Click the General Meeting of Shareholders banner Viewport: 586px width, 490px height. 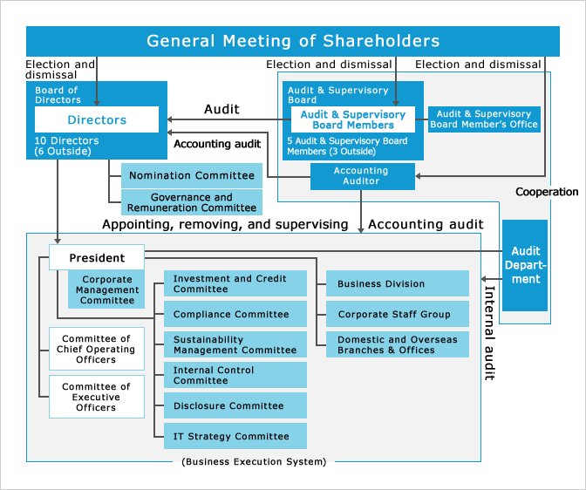293,41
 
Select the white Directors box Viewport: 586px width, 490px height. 97,119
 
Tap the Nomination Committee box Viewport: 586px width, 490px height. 191,175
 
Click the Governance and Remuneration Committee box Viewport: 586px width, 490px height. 191,202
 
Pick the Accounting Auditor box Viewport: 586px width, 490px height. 360,176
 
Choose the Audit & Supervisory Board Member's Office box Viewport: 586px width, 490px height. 484,119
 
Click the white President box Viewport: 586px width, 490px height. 96,257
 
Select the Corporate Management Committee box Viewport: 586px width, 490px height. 107,289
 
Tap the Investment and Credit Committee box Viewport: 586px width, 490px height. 235,283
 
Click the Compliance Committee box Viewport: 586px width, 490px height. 235,314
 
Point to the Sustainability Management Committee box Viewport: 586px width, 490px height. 235,344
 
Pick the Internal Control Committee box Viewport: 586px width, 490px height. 235,375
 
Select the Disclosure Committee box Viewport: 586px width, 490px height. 235,405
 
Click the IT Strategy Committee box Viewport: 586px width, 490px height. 235,436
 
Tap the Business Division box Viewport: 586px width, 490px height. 398,283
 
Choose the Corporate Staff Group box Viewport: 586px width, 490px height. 398,314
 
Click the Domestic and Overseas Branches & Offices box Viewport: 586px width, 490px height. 398,344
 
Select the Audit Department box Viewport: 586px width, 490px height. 525,265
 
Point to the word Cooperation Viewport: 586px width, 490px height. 547,192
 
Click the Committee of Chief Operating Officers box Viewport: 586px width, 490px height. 96,349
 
